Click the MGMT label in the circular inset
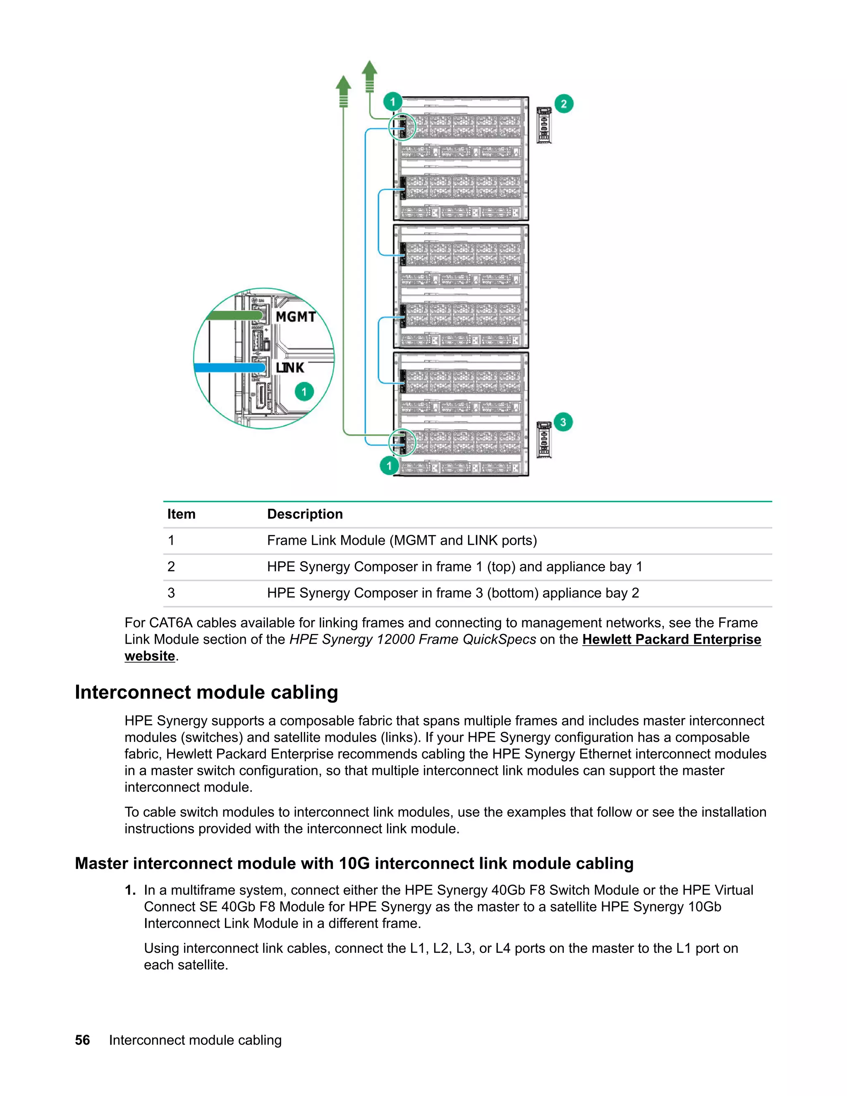pyautogui.click(x=296, y=317)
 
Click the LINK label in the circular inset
pyautogui.click(x=290, y=368)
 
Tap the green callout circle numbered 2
pyautogui.click(x=564, y=104)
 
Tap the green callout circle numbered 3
pyautogui.click(x=563, y=422)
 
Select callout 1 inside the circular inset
pyautogui.click(x=304, y=391)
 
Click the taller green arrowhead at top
pyautogui.click(x=370, y=70)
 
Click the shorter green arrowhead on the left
pyautogui.click(x=343, y=85)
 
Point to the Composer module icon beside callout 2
pyautogui.click(x=544, y=125)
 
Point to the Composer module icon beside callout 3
pyautogui.click(x=544, y=440)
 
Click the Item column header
pyautogui.click(x=181, y=514)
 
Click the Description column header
pyautogui.click(x=304, y=514)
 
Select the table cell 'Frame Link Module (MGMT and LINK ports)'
pyautogui.click(x=402, y=541)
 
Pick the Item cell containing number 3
pyautogui.click(x=171, y=593)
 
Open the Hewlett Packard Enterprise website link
pyautogui.click(x=671, y=639)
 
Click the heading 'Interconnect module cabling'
pyautogui.click(x=206, y=692)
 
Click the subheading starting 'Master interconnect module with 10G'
pyautogui.click(x=354, y=863)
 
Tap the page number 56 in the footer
pyautogui.click(x=82, y=1040)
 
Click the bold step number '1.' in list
pyautogui.click(x=130, y=890)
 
